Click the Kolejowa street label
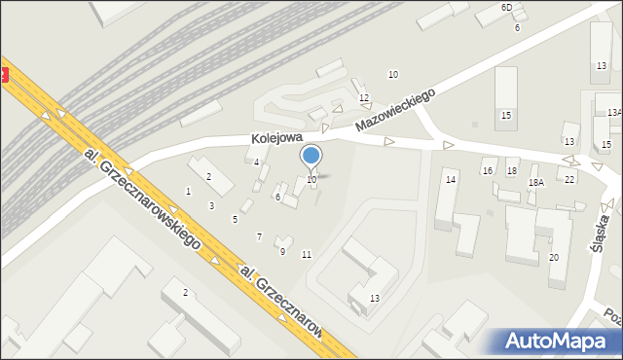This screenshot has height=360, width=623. [276, 138]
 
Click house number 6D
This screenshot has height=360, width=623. [506, 8]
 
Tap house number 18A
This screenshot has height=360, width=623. [535, 183]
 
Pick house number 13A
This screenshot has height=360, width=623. [614, 113]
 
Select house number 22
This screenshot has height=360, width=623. [569, 180]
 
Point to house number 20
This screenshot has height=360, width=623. [553, 257]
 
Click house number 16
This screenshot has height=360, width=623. [488, 171]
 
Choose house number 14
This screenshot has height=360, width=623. [451, 180]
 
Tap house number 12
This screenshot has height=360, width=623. [363, 98]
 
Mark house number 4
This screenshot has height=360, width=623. [256, 162]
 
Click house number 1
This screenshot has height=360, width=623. [188, 191]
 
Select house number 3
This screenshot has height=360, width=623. [211, 205]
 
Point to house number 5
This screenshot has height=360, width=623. [235, 220]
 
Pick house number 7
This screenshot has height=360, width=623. [258, 237]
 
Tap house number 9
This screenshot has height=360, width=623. [282, 252]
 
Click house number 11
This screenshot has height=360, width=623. [307, 255]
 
